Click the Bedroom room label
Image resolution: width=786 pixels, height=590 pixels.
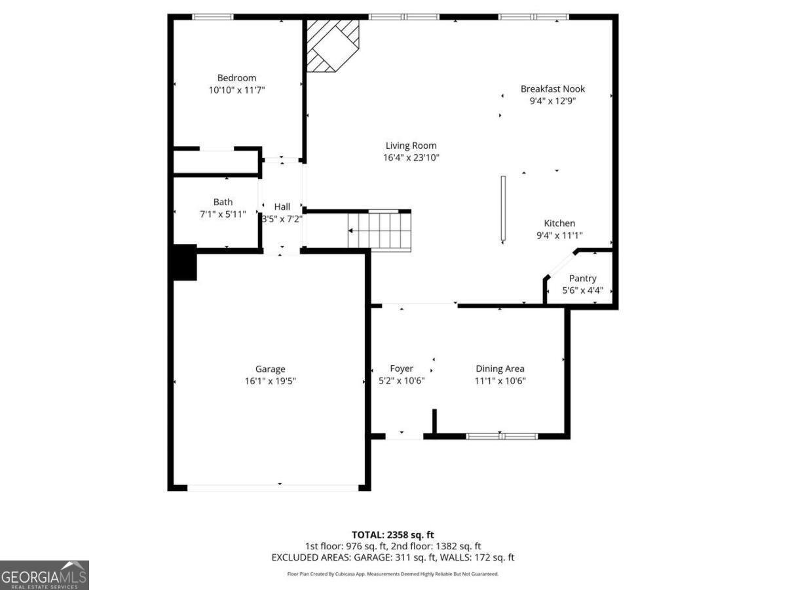[236, 78]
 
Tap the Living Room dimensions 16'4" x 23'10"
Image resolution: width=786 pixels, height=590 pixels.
[411, 157]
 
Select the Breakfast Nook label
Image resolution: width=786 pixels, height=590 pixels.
[552, 89]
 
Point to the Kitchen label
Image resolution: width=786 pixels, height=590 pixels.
[559, 224]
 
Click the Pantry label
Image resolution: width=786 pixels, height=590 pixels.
[582, 279]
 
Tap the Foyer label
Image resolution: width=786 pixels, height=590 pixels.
[402, 368]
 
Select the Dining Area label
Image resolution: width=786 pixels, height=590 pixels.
[500, 368]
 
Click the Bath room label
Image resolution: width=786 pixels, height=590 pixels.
[223, 202]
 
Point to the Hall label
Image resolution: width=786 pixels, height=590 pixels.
[282, 206]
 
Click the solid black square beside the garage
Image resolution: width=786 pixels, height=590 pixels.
[184, 262]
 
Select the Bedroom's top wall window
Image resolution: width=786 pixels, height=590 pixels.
[213, 17]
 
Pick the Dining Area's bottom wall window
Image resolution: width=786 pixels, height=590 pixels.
[502, 436]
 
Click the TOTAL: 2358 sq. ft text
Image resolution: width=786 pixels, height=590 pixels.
[392, 534]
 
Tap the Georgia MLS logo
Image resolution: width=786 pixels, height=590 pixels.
[44, 575]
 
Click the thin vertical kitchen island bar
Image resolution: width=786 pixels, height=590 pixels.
[503, 208]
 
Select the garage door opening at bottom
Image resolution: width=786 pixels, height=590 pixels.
[272, 488]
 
